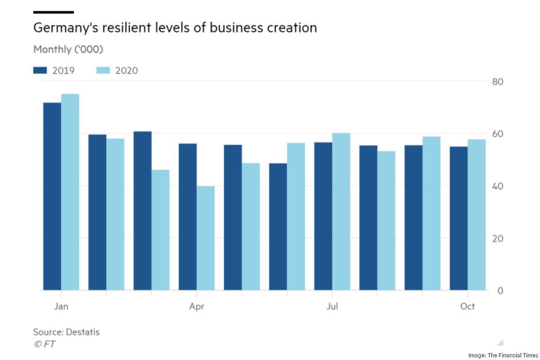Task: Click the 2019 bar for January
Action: pos(52,196)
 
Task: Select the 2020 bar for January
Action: pos(70,192)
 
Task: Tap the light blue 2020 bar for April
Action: pos(206,238)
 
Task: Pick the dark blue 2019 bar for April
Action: pos(188,217)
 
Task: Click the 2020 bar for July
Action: pos(341,211)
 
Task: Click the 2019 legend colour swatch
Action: pos(40,70)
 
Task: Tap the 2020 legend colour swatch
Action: pos(103,70)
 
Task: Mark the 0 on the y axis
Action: pos(500,291)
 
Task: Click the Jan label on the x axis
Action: pos(61,306)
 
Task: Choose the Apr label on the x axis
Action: pos(197,306)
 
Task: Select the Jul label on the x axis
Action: pos(332,306)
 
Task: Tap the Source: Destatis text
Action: pos(66,333)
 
